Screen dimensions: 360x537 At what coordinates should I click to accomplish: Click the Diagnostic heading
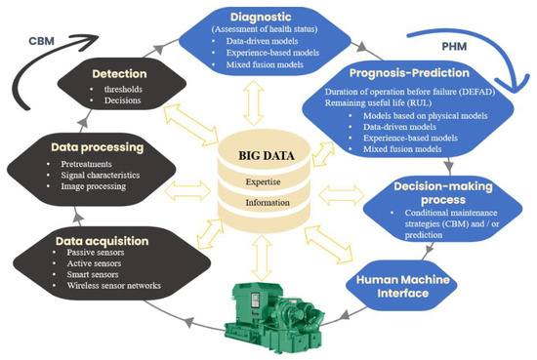pos(265,17)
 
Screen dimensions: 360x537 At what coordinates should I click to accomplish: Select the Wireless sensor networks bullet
pos(109,286)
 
